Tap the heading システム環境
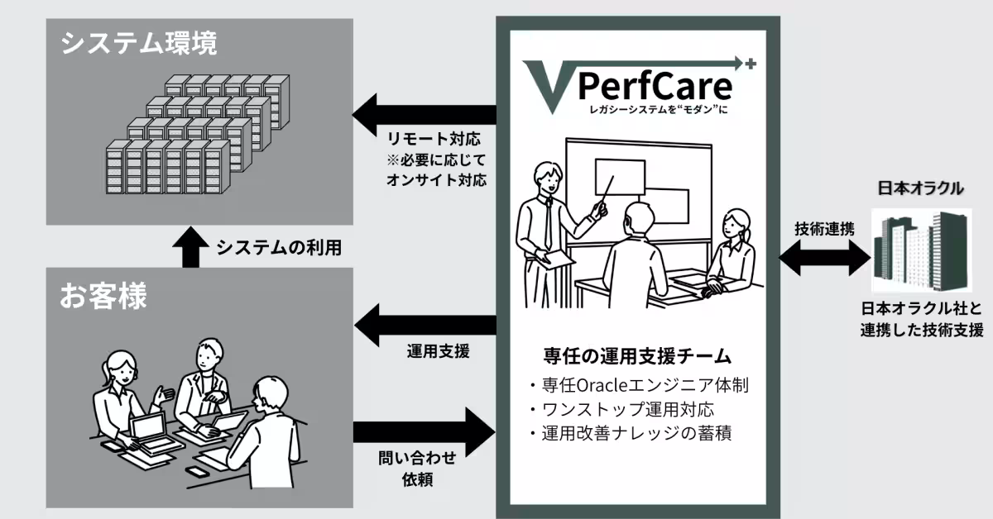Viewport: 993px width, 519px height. pos(139,44)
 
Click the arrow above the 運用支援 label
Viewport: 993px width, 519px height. pos(424,320)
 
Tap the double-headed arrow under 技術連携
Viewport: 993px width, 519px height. pos(823,258)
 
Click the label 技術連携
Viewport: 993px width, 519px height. pos(824,229)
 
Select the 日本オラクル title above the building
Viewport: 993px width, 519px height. pos(920,188)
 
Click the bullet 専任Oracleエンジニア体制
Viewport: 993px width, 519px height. pos(637,385)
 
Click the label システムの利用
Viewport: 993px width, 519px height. pos(279,247)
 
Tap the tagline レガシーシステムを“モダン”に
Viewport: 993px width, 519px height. pos(655,110)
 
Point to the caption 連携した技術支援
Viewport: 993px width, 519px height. pos(920,330)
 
